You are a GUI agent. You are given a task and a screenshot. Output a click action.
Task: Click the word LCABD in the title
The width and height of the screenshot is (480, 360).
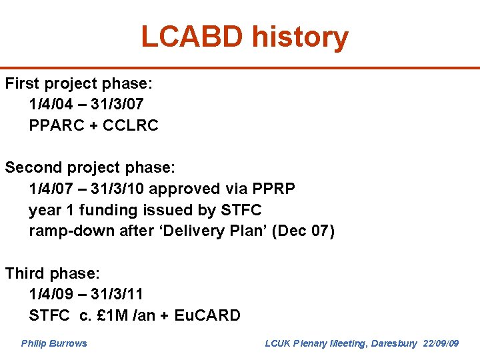192,37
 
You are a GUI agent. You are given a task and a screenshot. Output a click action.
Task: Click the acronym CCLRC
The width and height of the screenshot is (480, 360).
130,125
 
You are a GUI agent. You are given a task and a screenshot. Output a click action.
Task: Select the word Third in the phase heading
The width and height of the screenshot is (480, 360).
24,273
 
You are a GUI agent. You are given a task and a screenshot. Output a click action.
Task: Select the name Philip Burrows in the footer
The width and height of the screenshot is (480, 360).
54,343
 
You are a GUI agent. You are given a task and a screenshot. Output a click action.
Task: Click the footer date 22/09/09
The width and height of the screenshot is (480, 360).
441,343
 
